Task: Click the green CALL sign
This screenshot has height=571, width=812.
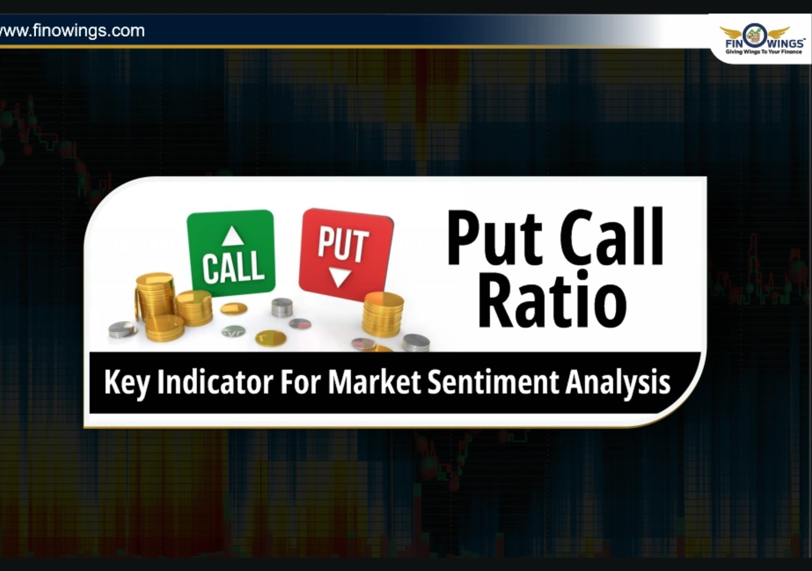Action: (231, 252)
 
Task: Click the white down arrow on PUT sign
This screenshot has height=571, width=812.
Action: (340, 277)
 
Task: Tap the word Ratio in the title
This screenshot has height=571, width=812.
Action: (552, 300)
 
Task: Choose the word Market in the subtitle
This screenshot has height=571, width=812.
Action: (374, 382)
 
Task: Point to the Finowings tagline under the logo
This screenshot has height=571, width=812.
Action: (763, 52)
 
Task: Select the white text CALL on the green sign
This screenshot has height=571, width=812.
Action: (232, 266)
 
